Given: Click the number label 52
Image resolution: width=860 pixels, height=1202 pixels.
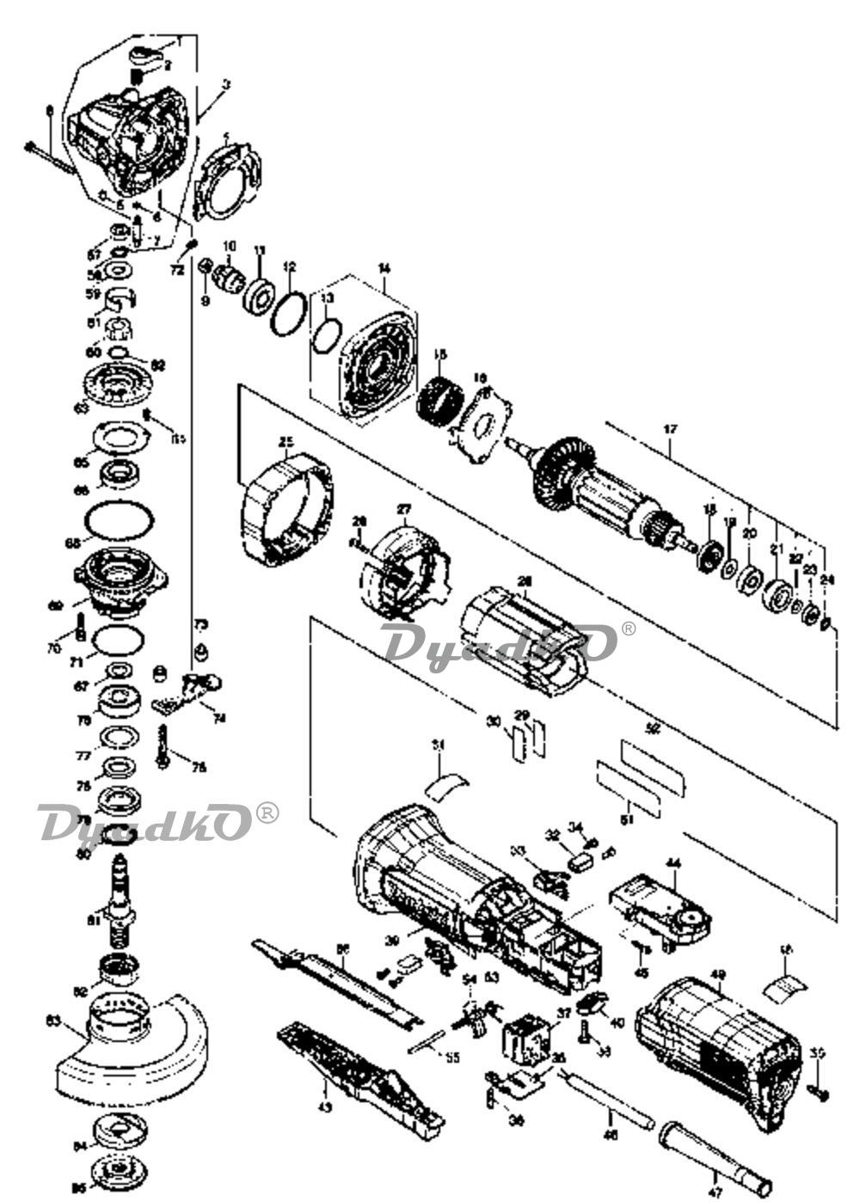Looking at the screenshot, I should (654, 729).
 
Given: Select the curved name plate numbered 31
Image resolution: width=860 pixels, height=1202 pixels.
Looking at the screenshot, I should (448, 782).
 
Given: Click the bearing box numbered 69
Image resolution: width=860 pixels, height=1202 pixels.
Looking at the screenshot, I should (120, 582).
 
